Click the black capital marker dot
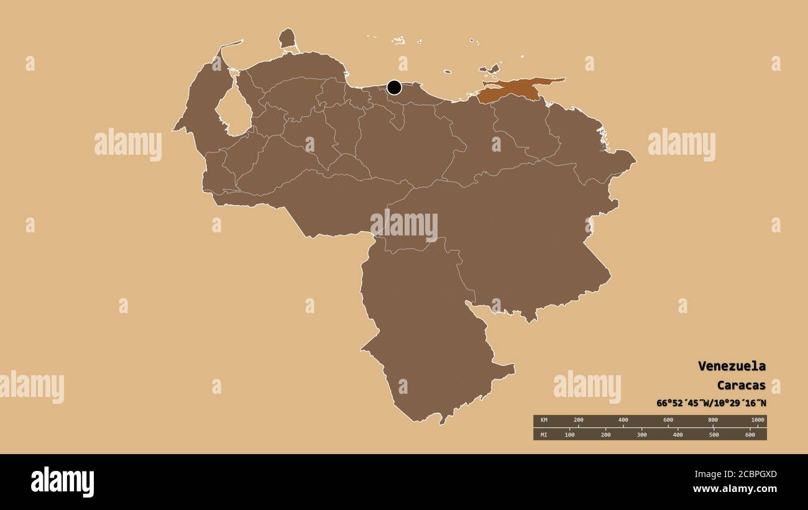point(394,88)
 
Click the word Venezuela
point(732,366)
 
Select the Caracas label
point(741,385)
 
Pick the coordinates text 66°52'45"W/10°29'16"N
point(711,403)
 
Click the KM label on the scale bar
point(544,421)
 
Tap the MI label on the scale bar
point(544,434)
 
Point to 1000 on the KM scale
point(757,421)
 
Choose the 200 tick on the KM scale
point(578,421)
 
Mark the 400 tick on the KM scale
point(623,421)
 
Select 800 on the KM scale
point(712,421)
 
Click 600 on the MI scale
point(750,434)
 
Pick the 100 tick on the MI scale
point(569,434)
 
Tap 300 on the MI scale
point(641,434)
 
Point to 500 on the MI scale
point(714,434)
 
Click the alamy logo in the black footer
point(62,482)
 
